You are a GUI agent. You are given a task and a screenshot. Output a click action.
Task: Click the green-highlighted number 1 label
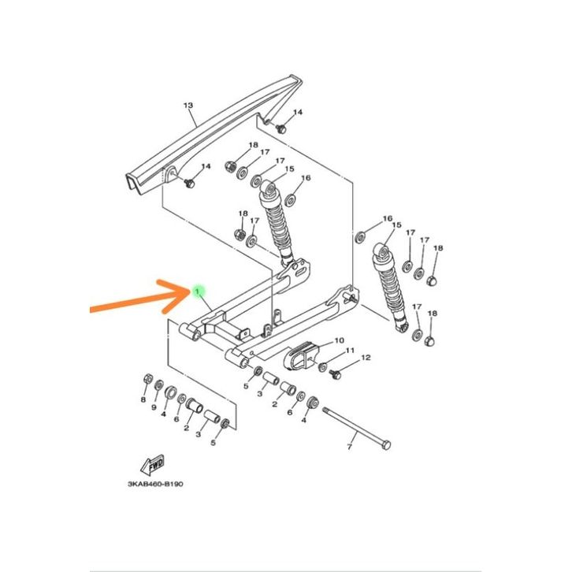click(197, 292)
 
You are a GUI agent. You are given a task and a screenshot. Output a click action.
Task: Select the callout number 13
click(188, 106)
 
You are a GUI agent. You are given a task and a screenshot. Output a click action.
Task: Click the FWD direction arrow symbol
click(153, 465)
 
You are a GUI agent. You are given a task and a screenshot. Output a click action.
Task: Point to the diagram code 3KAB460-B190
click(155, 484)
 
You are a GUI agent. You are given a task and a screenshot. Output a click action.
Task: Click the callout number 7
click(349, 447)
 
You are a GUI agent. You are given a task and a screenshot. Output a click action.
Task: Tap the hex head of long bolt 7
click(386, 445)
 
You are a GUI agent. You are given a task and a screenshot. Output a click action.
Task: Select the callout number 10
click(339, 340)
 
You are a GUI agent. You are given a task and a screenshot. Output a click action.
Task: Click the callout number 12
click(366, 358)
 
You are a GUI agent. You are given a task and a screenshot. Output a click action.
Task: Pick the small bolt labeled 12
click(335, 374)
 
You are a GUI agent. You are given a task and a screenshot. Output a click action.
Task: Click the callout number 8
click(143, 399)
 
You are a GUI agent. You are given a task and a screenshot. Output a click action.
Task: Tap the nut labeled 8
click(148, 379)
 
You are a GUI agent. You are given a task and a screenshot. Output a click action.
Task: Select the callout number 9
click(154, 407)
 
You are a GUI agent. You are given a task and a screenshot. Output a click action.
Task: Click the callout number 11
click(350, 350)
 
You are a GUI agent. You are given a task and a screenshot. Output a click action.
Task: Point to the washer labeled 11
click(322, 367)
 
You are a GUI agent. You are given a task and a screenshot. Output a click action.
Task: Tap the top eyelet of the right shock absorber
click(382, 251)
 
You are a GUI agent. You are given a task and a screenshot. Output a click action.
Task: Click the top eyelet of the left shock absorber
click(269, 188)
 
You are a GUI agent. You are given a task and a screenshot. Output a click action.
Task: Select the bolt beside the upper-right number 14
click(280, 128)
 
